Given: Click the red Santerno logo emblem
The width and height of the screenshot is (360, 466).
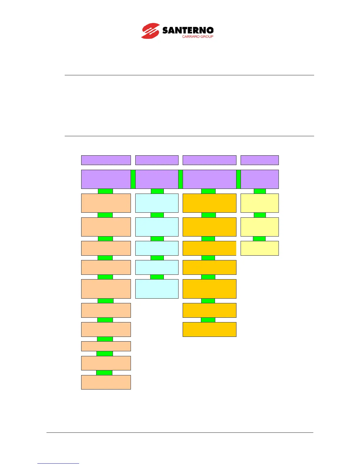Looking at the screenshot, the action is (151, 31).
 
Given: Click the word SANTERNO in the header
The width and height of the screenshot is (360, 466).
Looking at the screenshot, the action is (188, 30).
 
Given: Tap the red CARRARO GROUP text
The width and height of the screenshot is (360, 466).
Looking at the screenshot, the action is (197, 36).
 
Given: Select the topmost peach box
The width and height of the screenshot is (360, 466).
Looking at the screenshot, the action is (106, 203).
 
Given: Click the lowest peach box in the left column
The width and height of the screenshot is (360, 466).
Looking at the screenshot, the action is (106, 382).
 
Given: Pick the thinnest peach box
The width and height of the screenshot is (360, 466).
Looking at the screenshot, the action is (106, 346).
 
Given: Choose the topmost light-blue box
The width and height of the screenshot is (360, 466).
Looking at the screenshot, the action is (157, 203).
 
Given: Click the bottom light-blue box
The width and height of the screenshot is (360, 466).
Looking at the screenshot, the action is (157, 289).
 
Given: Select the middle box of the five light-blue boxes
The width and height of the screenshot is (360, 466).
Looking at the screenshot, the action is (157, 248).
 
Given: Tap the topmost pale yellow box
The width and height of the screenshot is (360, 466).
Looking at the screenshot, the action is (259, 203).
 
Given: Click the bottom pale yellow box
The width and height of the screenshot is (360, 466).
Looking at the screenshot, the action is (259, 248).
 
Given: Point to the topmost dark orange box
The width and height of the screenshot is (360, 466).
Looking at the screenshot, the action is (209, 203).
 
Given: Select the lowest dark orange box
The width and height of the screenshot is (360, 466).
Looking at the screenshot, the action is (209, 329).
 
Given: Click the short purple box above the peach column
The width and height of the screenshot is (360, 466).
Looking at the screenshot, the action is (106, 160).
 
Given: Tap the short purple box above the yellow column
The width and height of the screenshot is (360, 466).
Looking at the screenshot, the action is (259, 160).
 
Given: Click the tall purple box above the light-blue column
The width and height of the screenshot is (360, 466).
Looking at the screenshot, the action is (157, 179).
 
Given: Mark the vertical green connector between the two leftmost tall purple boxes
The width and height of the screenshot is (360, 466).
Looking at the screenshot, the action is (133, 179).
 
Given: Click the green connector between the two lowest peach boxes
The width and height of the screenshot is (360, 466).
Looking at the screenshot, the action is (104, 373).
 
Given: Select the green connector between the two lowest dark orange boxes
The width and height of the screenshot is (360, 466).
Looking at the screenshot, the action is (208, 320).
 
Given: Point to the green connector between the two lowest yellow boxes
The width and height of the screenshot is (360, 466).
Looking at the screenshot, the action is (259, 239).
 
